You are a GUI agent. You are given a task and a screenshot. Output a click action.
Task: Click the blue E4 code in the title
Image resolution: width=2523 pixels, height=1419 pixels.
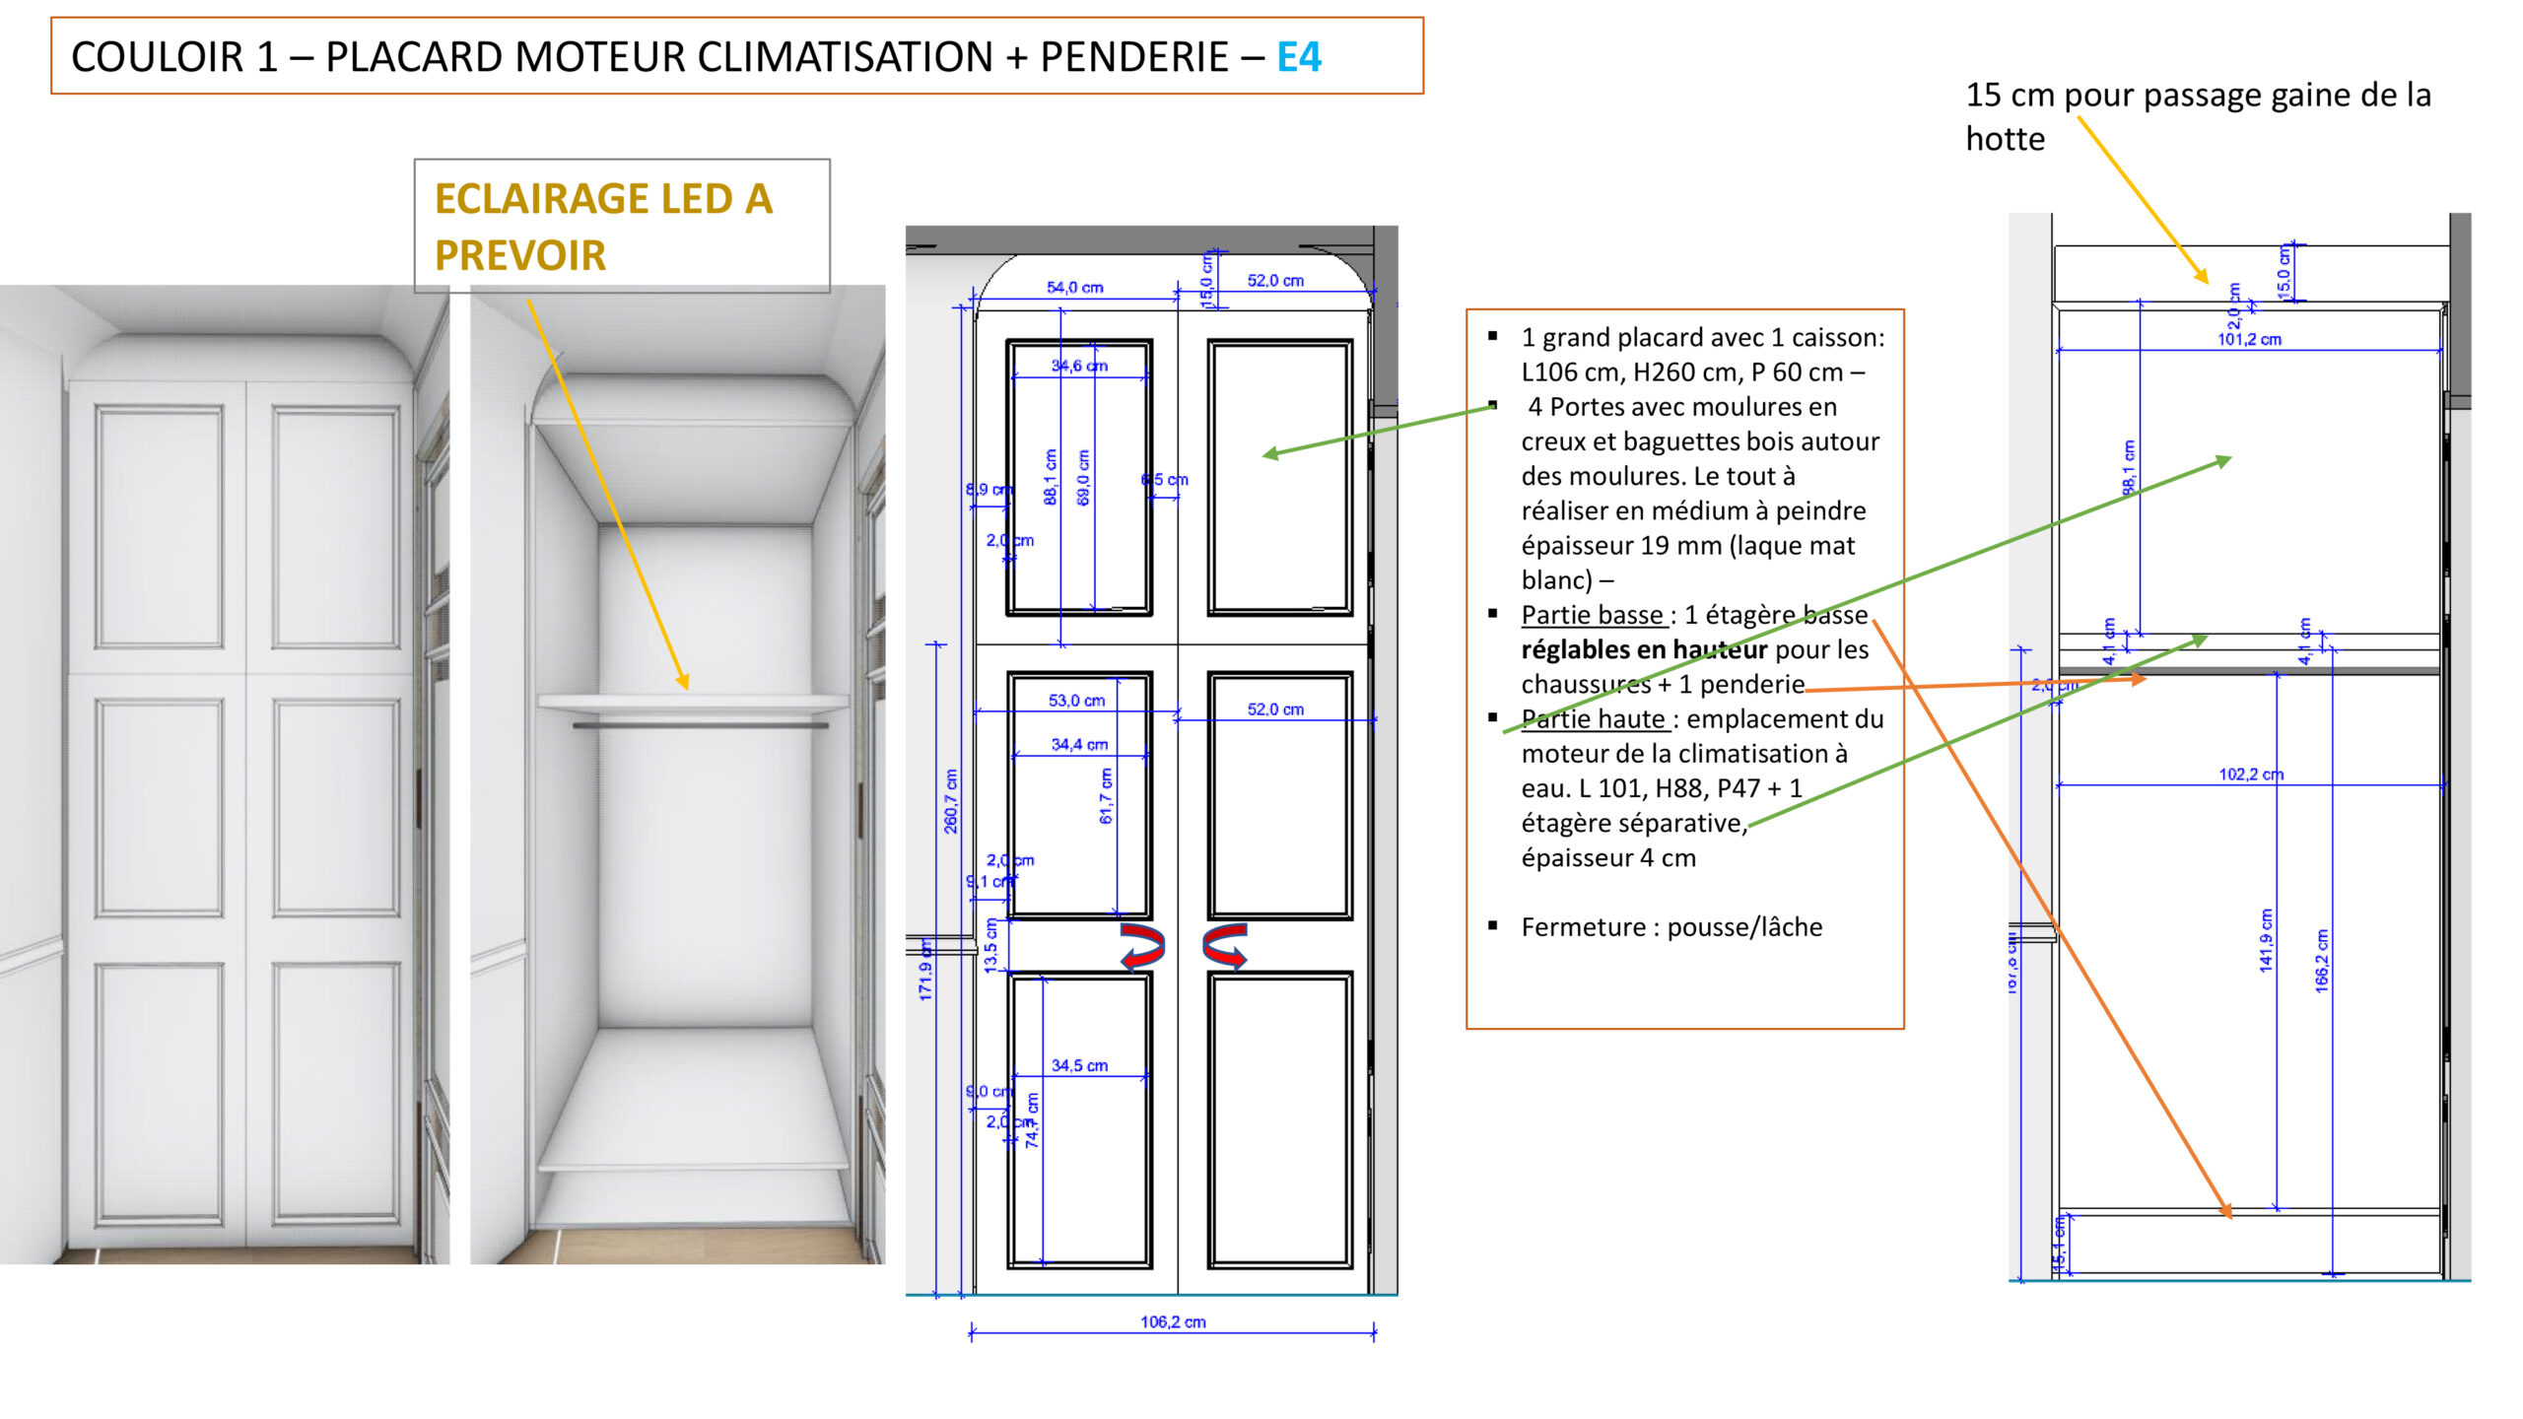pyautogui.click(x=1298, y=57)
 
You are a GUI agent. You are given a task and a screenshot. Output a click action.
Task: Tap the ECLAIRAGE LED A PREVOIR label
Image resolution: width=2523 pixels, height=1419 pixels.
pyautogui.click(x=603, y=227)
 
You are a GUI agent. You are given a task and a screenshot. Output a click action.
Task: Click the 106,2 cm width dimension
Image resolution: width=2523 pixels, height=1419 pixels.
pyautogui.click(x=1173, y=1321)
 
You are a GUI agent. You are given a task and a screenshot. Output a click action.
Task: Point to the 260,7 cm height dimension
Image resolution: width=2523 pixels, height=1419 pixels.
pyautogui.click(x=951, y=801)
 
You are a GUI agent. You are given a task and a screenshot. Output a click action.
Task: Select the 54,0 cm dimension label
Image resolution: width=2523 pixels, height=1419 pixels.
pyautogui.click(x=1074, y=288)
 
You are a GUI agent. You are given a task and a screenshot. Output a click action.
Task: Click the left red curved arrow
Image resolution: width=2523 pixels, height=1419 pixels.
pyautogui.click(x=1142, y=946)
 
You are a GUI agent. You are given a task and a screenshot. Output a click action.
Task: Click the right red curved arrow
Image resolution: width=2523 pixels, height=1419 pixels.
pyautogui.click(x=1225, y=946)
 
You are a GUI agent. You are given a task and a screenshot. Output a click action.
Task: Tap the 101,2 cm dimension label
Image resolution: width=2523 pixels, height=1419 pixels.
pyautogui.click(x=2249, y=339)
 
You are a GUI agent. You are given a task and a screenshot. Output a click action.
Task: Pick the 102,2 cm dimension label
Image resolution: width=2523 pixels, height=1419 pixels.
pyautogui.click(x=2251, y=775)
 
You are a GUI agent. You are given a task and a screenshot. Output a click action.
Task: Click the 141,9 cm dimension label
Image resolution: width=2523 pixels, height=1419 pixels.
pyautogui.click(x=2266, y=940)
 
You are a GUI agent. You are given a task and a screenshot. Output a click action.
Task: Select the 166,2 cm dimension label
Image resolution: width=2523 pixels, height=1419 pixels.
pyautogui.click(x=2322, y=960)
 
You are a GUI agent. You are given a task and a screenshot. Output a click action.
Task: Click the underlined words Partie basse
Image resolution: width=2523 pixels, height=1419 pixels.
pyautogui.click(x=1592, y=615)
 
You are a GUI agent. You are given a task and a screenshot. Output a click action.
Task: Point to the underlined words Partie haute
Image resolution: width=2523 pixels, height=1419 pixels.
pyautogui.click(x=1593, y=719)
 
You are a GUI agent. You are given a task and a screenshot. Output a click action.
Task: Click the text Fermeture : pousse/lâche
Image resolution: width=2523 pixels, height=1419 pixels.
pyautogui.click(x=1671, y=927)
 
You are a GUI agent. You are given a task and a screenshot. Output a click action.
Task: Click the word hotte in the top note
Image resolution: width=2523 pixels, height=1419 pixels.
pyautogui.click(x=2005, y=139)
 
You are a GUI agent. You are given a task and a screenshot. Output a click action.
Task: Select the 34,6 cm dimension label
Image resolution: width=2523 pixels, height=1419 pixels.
pyautogui.click(x=1079, y=366)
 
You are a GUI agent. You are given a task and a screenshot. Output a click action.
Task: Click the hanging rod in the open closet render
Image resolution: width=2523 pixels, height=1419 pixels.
pyautogui.click(x=701, y=725)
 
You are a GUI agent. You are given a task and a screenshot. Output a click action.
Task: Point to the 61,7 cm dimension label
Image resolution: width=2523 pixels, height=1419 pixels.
pyautogui.click(x=1106, y=796)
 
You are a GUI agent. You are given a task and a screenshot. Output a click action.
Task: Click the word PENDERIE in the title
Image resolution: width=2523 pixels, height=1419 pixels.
pyautogui.click(x=1134, y=57)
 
